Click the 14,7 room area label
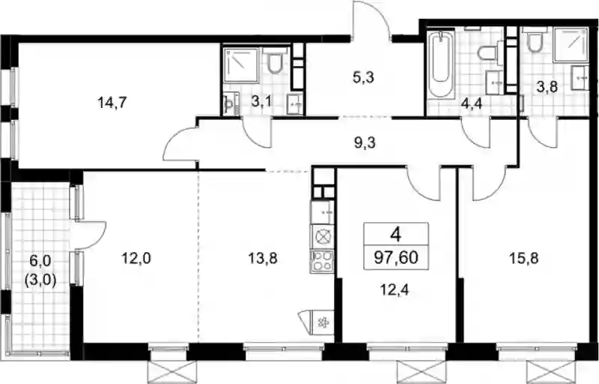tap(112, 103)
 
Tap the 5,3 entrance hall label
tap(363, 78)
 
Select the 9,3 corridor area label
tap(365, 142)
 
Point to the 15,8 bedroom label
tap(523, 258)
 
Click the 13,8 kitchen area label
tap(263, 259)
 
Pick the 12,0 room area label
tap(136, 259)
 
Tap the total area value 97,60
tap(396, 257)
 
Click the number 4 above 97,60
tap(396, 234)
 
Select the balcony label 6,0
tap(40, 262)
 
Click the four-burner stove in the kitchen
tap(322, 261)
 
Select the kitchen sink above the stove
tap(323, 212)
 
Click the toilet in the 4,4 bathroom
tap(489, 52)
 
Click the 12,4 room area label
tap(395, 290)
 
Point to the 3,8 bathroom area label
tap(547, 87)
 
